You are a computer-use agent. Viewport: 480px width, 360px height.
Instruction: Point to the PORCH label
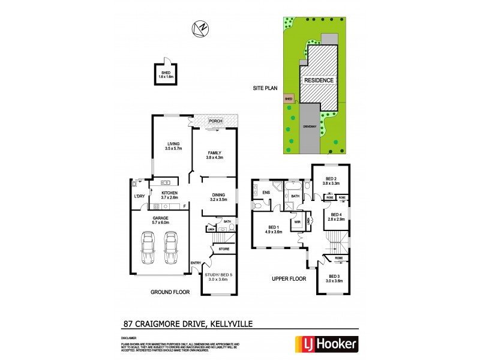[x=215, y=121]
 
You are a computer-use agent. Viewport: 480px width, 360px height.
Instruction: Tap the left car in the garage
[x=148, y=249]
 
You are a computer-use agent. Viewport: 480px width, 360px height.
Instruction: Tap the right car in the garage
[x=172, y=249]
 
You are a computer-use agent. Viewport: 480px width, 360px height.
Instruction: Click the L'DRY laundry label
[x=139, y=196]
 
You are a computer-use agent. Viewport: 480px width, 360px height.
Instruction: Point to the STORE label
[x=224, y=248]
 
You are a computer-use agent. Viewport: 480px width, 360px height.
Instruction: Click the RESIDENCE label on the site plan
[x=319, y=80]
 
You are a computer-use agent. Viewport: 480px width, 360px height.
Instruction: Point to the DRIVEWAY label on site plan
[x=310, y=127]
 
